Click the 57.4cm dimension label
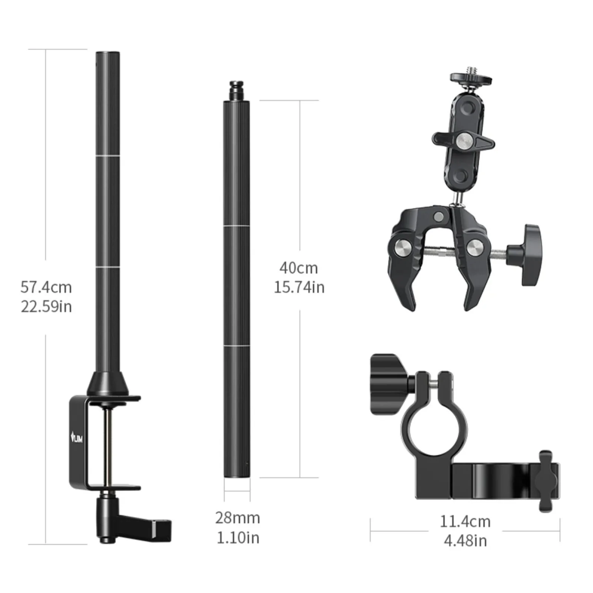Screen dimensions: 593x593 pyautogui.click(x=46, y=287)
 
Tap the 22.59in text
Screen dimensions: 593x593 pyautogui.click(x=46, y=307)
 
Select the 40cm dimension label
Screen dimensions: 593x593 pyautogui.click(x=299, y=268)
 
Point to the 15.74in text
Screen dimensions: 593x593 pyautogui.click(x=299, y=287)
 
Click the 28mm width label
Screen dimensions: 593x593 pyautogui.click(x=238, y=518)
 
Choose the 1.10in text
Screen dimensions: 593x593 pyautogui.click(x=238, y=538)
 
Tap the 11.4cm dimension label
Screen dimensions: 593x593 pyautogui.click(x=465, y=521)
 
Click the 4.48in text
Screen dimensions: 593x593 pyautogui.click(x=465, y=541)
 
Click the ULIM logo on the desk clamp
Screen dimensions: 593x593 pyautogui.click(x=77, y=439)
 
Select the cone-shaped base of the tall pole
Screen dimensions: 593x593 pyautogui.click(x=108, y=384)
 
